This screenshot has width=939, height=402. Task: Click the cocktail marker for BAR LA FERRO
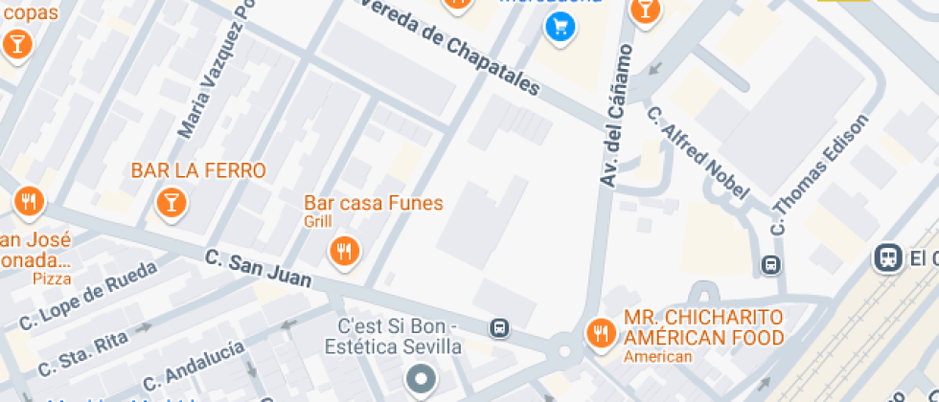171,202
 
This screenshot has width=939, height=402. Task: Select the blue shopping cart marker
560,27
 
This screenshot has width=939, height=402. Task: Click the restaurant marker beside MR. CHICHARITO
601,332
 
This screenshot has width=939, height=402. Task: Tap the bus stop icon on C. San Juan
499,328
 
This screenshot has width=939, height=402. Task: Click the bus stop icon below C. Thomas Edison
769,264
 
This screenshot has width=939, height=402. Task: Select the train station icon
886,257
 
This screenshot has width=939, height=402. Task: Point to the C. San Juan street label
259,269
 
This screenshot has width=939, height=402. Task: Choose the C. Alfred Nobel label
697,153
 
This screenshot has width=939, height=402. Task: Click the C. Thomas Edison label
820,175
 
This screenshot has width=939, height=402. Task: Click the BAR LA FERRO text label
198,171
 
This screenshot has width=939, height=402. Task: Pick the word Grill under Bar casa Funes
318,222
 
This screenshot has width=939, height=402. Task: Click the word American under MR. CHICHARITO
657,357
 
